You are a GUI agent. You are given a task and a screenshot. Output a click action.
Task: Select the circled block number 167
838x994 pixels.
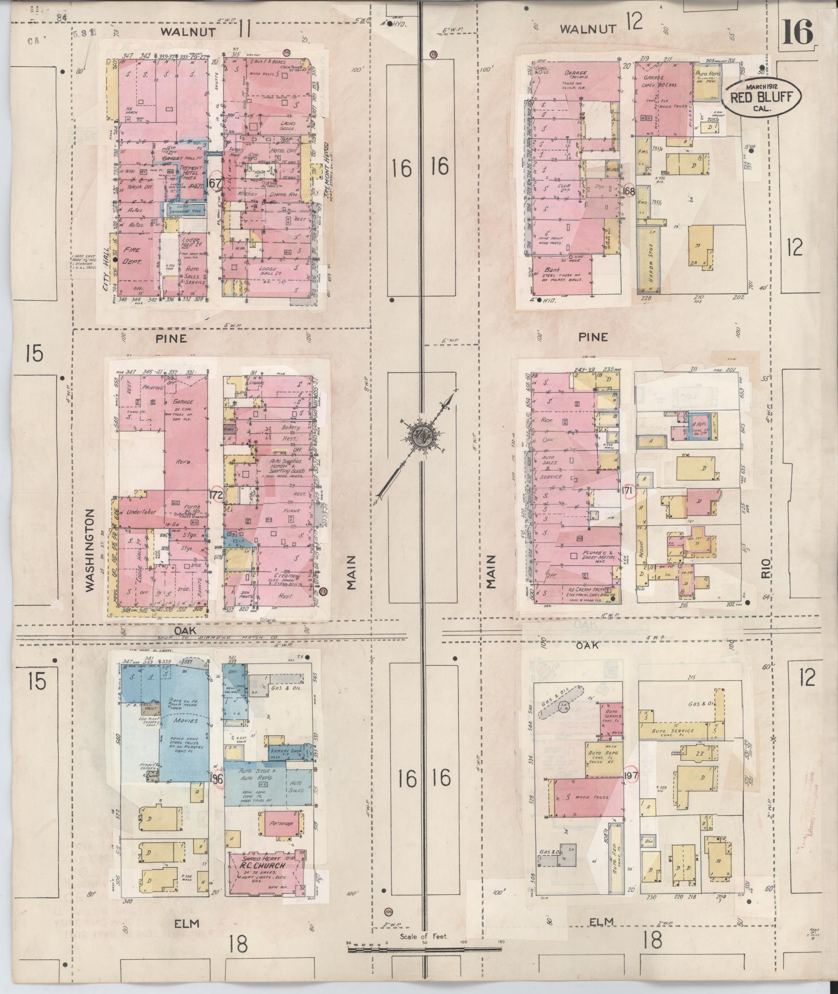tap(214, 182)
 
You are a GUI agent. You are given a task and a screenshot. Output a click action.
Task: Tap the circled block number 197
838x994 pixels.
tap(631, 776)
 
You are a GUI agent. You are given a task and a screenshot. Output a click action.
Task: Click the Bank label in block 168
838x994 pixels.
tap(552, 270)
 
